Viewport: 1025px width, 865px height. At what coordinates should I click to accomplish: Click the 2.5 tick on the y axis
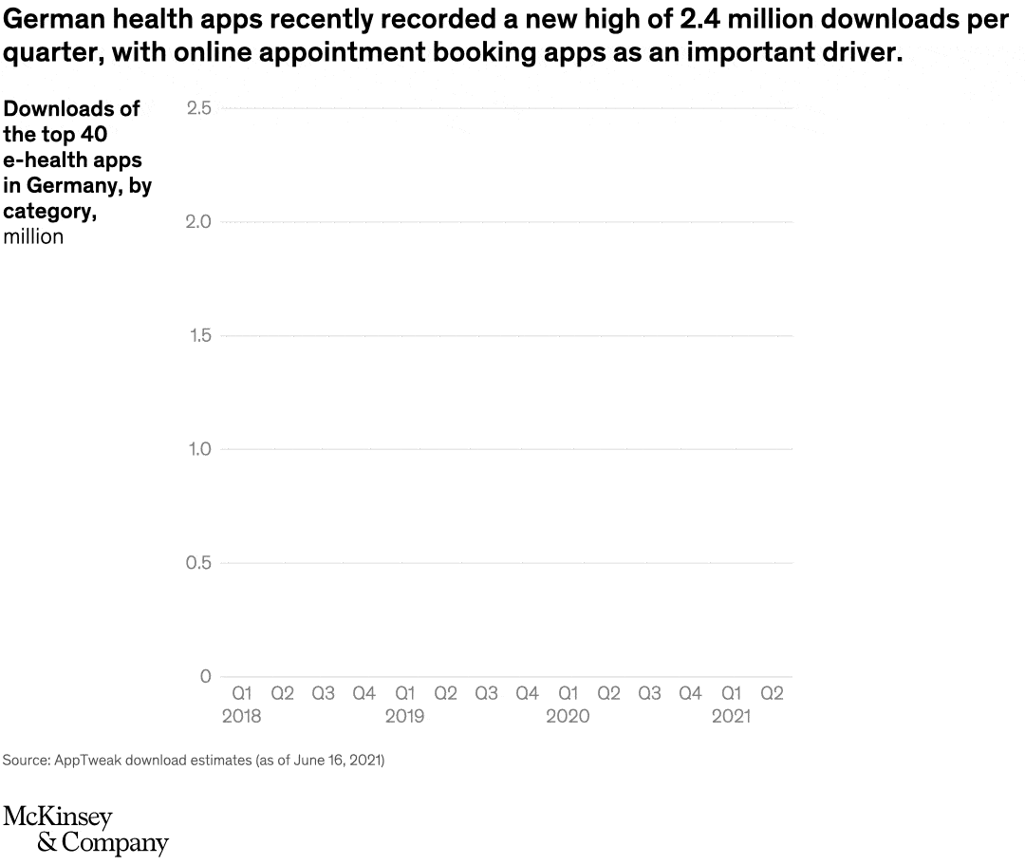[197, 108]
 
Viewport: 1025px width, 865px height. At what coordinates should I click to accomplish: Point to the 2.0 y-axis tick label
[197, 222]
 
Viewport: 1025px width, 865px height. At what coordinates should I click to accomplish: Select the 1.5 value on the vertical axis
[197, 335]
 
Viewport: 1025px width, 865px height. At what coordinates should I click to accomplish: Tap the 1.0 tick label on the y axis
[197, 449]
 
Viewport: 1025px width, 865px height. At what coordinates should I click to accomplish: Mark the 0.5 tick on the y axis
[197, 563]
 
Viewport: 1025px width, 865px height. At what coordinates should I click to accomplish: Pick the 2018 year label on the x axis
[241, 716]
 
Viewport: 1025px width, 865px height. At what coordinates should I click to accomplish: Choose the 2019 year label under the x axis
[404, 716]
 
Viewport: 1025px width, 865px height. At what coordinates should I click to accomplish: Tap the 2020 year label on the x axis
[568, 716]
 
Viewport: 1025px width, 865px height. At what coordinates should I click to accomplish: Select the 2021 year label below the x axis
[731, 716]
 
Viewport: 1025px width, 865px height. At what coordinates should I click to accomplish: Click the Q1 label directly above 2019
[405, 694]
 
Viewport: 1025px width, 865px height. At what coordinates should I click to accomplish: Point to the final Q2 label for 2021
[773, 694]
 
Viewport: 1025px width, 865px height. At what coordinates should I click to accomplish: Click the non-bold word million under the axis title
[33, 237]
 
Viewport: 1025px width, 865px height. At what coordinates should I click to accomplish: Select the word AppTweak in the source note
[85, 761]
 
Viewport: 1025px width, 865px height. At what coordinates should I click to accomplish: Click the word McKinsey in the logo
[58, 817]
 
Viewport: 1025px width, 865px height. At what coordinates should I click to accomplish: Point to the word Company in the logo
[114, 842]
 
